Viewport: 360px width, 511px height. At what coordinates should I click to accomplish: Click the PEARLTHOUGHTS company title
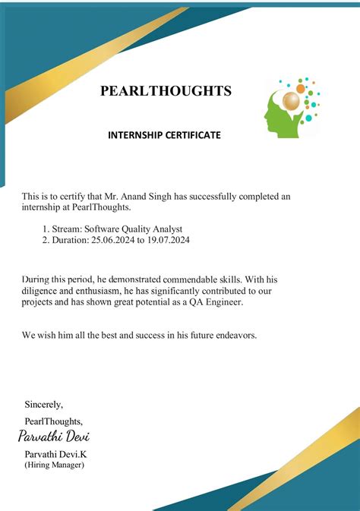tap(166, 92)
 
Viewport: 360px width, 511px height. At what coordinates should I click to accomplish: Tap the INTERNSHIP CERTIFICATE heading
tap(164, 135)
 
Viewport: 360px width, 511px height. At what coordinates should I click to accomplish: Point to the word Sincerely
tap(44, 404)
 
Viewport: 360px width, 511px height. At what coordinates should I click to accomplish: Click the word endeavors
tap(235, 335)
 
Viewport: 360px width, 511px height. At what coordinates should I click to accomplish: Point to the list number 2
tap(45, 240)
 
